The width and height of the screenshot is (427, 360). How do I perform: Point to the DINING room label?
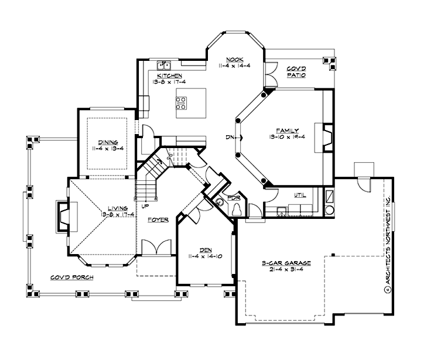point(109,142)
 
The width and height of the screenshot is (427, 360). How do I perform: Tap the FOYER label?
point(158,220)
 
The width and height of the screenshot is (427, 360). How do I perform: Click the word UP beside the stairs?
point(144,206)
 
